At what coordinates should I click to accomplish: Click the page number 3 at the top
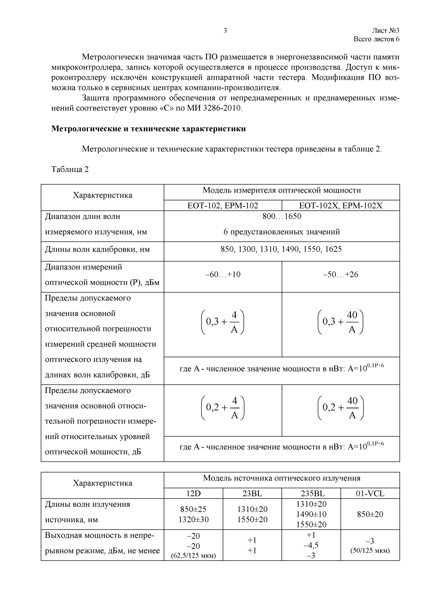click(225, 31)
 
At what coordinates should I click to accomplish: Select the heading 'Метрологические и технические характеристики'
click(148, 129)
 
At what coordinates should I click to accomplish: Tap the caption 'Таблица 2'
click(70, 169)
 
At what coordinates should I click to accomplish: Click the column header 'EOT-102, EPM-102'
click(223, 205)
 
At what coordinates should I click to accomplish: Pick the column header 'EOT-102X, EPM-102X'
click(340, 205)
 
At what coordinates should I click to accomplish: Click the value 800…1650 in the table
click(282, 216)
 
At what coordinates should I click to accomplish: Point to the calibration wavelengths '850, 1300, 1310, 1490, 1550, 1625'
click(281, 249)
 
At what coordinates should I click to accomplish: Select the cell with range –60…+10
click(223, 275)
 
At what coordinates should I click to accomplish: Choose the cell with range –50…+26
click(340, 275)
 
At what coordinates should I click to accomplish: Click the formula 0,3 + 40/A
click(340, 322)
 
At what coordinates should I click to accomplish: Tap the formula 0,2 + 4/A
click(223, 408)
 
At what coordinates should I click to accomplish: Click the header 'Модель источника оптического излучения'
click(282, 478)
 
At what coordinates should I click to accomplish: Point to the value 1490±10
click(311, 514)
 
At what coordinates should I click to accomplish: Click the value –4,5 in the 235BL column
click(311, 546)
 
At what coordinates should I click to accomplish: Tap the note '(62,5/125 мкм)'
click(194, 556)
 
